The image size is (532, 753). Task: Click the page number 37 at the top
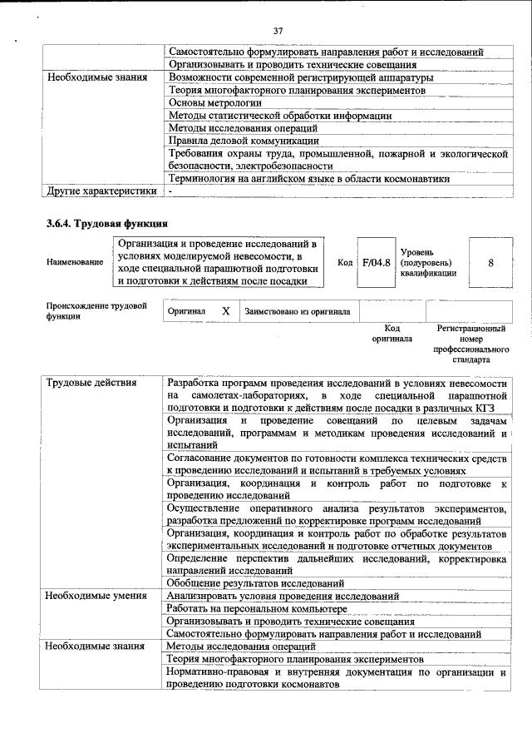click(x=278, y=31)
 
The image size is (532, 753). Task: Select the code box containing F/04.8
click(x=376, y=262)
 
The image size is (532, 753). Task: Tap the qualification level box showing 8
click(x=490, y=262)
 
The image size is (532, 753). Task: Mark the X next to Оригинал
click(x=225, y=311)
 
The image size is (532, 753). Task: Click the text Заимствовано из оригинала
click(x=297, y=311)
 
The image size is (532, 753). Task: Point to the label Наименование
click(x=75, y=262)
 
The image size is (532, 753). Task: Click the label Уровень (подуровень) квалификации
click(x=427, y=262)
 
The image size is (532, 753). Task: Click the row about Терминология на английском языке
click(x=308, y=178)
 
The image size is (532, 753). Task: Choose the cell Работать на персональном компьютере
click(x=256, y=608)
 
